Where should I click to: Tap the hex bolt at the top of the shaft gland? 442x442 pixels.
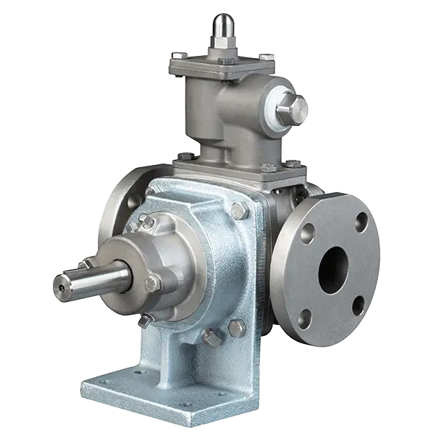(147, 221)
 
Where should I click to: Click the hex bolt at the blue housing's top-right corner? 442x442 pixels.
(237, 211)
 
